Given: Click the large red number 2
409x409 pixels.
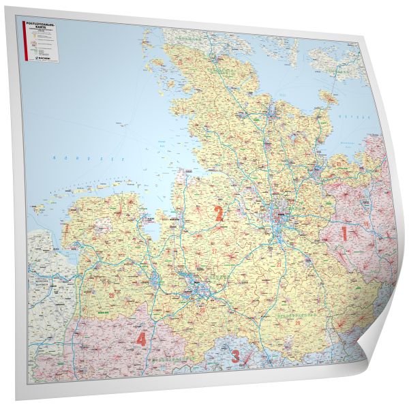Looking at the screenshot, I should point(219,213).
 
